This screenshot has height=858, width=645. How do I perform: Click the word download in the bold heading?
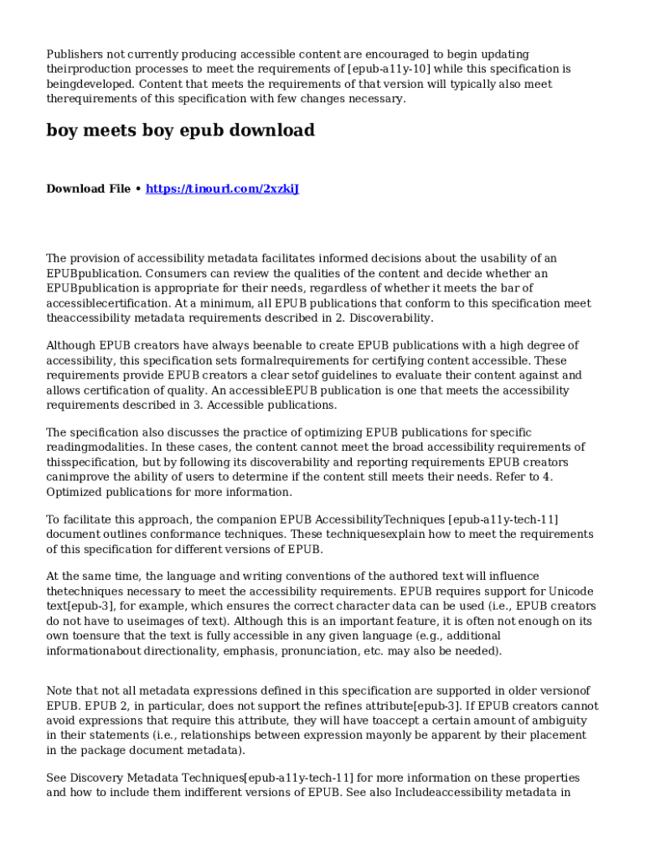point(274,131)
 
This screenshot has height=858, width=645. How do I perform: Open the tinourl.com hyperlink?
point(222,189)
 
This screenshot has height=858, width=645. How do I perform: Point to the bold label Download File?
point(88,189)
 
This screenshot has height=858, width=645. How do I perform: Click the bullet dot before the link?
point(138,189)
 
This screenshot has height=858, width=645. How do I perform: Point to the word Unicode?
point(569,592)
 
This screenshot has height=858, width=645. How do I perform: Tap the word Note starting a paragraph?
point(61,690)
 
